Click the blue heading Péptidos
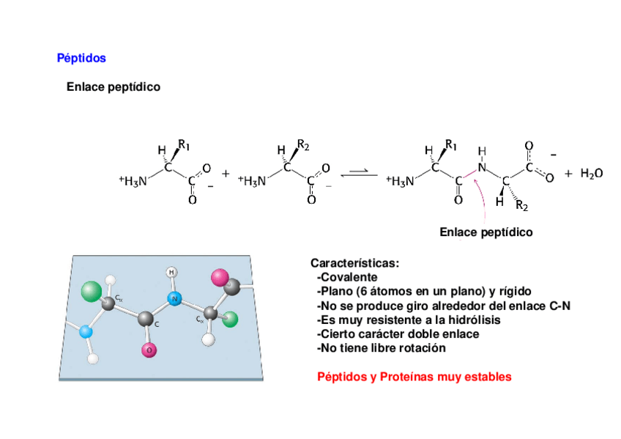point(81,58)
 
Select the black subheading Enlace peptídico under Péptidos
point(113,87)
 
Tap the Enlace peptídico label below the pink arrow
point(486,232)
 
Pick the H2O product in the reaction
point(591,174)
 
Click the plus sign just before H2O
point(568,174)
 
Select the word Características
point(354,263)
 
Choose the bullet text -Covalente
point(347,277)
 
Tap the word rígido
point(515,291)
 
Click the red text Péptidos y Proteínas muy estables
point(414,377)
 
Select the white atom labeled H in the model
point(172,272)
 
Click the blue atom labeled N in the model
point(174,298)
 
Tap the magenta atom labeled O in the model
point(149,350)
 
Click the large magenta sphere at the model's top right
point(219,277)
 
